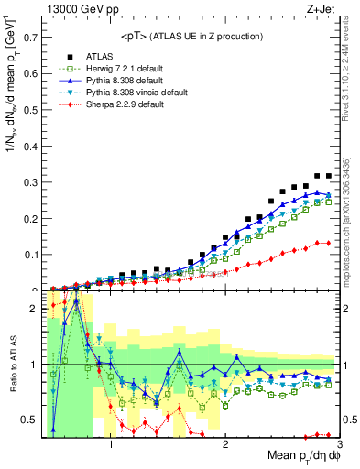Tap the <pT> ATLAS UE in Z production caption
tap(191, 37)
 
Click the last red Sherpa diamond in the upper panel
tap(328, 243)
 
